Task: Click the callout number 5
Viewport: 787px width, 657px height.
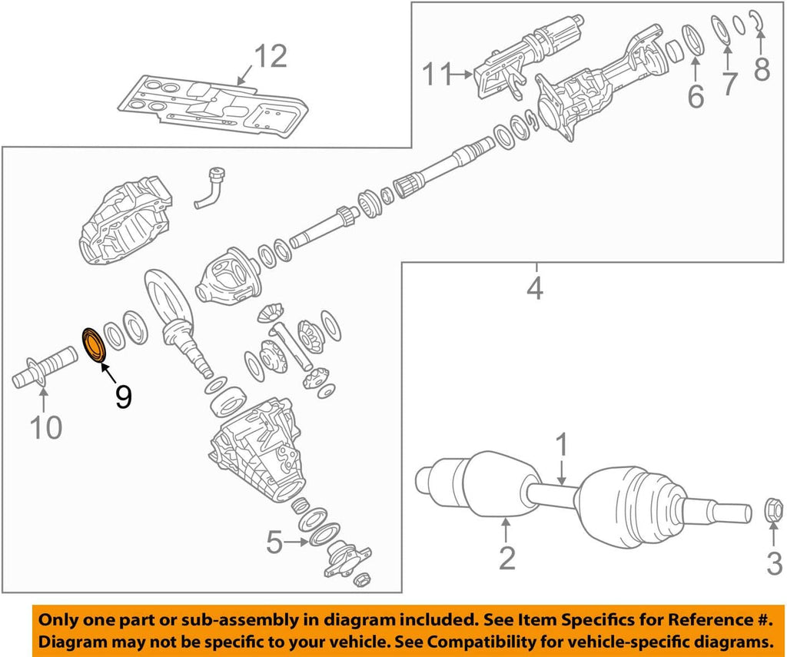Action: point(275,543)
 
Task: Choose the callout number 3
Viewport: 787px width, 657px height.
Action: point(774,565)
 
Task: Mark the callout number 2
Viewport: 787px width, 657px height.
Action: point(506,557)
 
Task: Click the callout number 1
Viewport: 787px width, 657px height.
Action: point(562,445)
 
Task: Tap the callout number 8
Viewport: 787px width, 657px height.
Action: point(762,69)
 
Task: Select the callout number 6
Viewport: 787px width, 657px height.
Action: point(695,96)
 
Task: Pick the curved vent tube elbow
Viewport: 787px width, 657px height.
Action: point(211,188)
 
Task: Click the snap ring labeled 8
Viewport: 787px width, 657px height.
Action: point(759,24)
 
